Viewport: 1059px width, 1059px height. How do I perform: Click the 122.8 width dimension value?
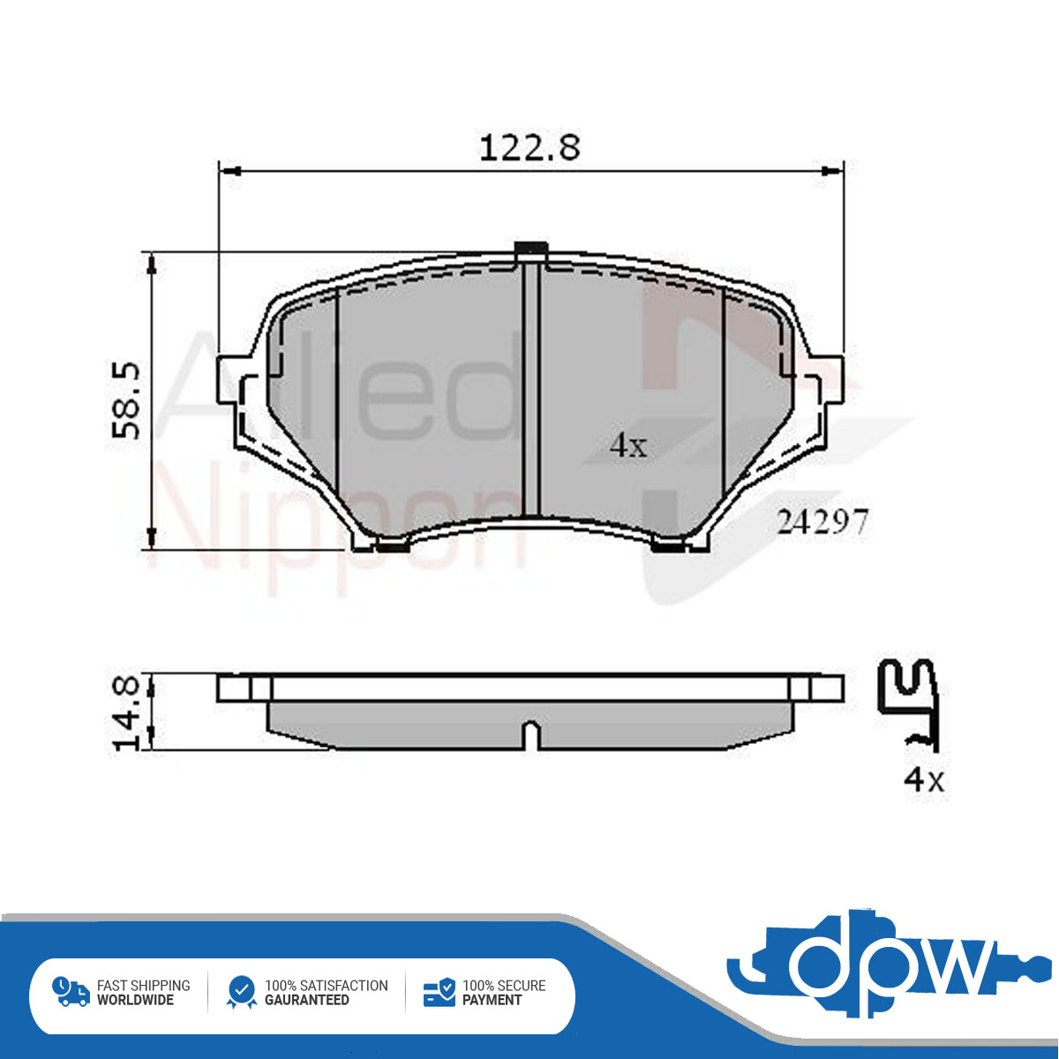pos(529,148)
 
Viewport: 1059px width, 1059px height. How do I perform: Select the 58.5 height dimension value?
pos(125,401)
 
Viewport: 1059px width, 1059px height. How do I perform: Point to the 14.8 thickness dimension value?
pos(126,714)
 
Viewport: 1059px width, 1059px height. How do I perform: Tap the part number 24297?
pos(822,522)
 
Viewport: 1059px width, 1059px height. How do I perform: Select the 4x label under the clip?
pos(924,779)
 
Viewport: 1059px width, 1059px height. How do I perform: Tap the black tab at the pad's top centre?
pos(530,248)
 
